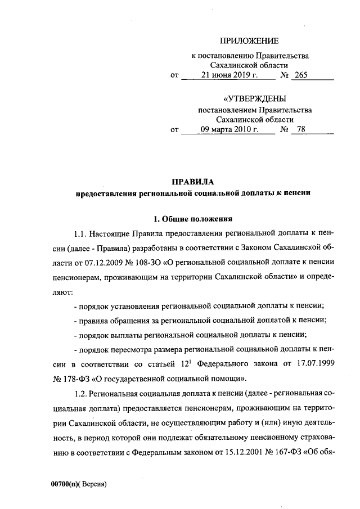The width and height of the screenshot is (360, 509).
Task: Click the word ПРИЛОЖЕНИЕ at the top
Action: click(x=249, y=40)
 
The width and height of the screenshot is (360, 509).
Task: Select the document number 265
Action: click(x=300, y=75)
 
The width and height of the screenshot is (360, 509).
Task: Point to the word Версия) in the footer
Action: click(x=93, y=483)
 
